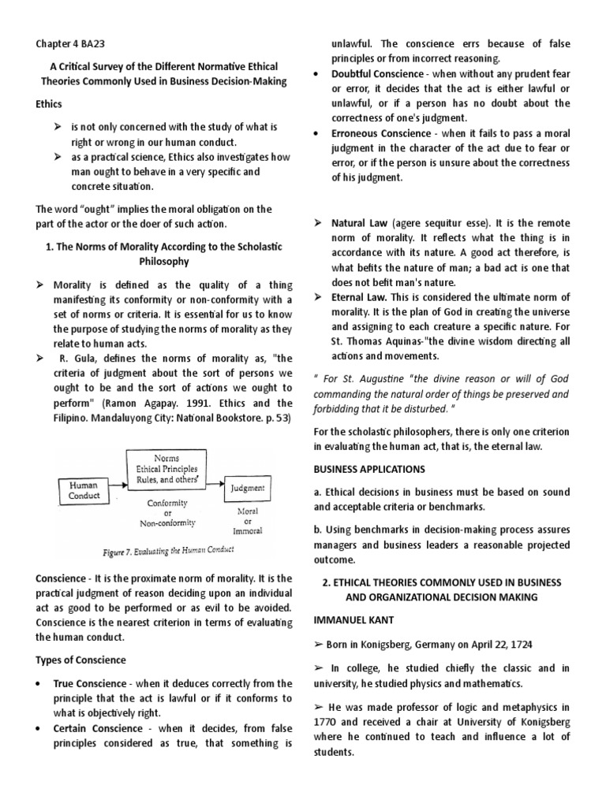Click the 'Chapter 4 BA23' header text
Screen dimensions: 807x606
73,45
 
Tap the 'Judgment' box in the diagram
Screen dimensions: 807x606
248,489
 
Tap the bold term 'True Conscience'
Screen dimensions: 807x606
89,683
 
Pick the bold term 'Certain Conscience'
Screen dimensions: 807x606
97,728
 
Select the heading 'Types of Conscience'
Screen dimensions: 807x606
80,660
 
